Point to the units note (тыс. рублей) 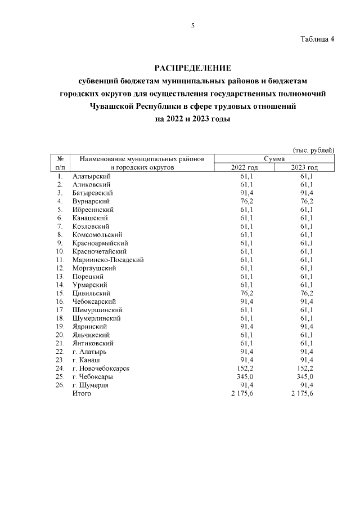tap(314, 150)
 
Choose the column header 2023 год tap(304, 167)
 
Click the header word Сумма tap(274, 159)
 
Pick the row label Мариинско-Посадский tap(108, 260)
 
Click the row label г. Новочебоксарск tap(101, 369)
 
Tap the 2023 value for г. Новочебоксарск tap(305, 369)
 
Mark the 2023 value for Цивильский tap(305, 293)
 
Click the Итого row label tap(82, 393)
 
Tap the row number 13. tap(59, 277)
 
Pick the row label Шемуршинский tap(97, 310)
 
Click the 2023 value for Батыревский tap(305, 193)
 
